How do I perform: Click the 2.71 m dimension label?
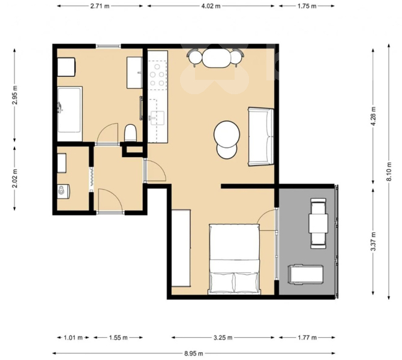point(100,6)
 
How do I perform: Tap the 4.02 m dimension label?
point(211,6)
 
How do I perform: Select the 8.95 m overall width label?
point(194,353)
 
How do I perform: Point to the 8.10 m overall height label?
point(389,172)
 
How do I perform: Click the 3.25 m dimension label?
point(223,337)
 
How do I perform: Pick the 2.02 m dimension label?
point(15,178)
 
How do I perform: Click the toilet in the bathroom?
point(130,133)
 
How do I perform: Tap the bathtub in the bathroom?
point(70,114)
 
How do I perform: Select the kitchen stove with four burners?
point(157,75)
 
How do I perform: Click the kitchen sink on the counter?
point(157,118)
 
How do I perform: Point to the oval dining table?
point(217,58)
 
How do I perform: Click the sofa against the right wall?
point(261,137)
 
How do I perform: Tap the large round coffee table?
point(227,134)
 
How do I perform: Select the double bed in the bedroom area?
point(235,259)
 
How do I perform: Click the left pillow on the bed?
point(222,283)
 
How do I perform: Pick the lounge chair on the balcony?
point(305,275)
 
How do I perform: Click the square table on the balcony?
point(319,223)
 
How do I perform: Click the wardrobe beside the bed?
point(181,248)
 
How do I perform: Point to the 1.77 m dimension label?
point(307,337)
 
